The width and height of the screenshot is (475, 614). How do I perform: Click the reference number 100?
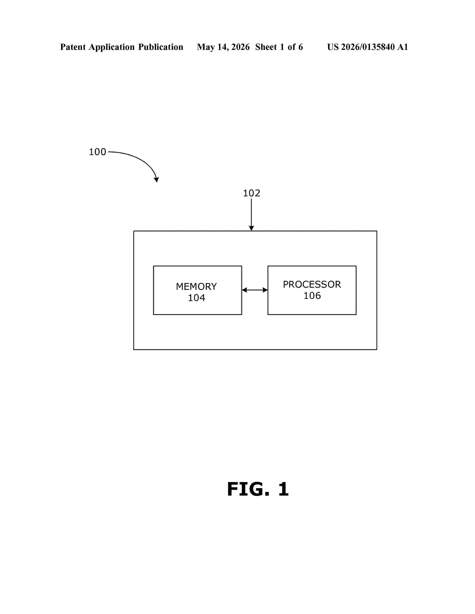tap(97, 152)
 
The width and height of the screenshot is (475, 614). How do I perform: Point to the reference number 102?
tap(252, 193)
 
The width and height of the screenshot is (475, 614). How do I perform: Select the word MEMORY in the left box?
tap(196, 287)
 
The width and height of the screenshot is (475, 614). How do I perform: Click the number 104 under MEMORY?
tap(196, 298)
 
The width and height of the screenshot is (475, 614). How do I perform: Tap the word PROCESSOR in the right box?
tap(312, 284)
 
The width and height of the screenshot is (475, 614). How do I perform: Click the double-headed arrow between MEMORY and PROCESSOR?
tap(255, 290)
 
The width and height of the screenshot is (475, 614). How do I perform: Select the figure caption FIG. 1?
tap(258, 489)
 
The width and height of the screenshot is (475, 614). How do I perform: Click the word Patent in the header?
tap(73, 47)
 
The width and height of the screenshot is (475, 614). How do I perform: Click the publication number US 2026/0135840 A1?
tap(368, 47)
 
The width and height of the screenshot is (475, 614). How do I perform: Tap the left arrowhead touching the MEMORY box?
tap(245, 290)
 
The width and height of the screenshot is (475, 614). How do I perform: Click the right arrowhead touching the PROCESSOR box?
tap(265, 290)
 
